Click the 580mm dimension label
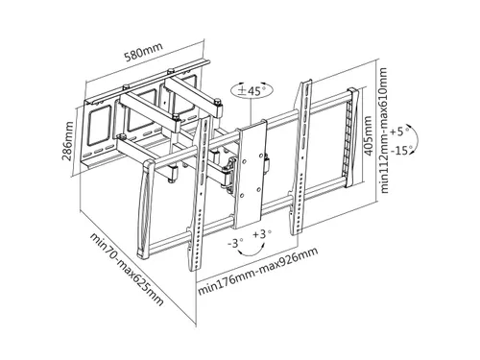pyautogui.click(x=143, y=51)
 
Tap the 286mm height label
pyautogui.click(x=68, y=141)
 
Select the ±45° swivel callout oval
pyautogui.click(x=252, y=90)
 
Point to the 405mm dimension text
pyautogui.click(x=368, y=136)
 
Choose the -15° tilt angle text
pyautogui.click(x=400, y=150)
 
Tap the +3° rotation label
pyautogui.click(x=262, y=234)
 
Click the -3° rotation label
pyautogui.click(x=235, y=243)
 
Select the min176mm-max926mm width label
pyautogui.click(x=258, y=272)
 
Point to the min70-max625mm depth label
pyautogui.click(x=127, y=270)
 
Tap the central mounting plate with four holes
pyautogui.click(x=251, y=175)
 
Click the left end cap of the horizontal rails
pyautogui.click(x=145, y=209)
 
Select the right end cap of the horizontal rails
pyautogui.click(x=352, y=137)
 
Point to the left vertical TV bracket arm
pyautogui.click(x=199, y=195)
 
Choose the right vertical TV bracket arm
pyautogui.click(x=300, y=156)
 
